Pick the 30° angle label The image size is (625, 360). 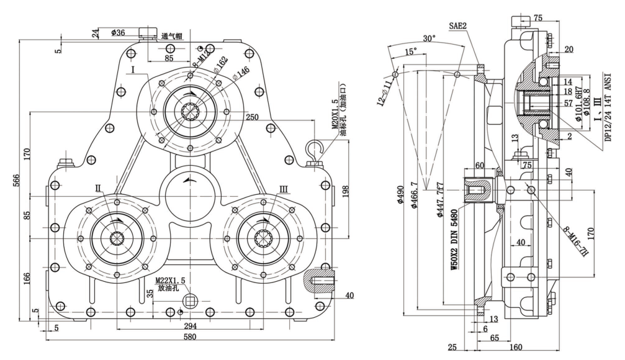(428, 38)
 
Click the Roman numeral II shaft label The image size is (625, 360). (98, 187)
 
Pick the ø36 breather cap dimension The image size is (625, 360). (119, 32)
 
